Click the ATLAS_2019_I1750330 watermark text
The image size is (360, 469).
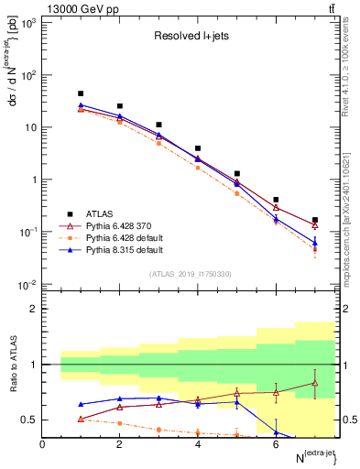pyautogui.click(x=191, y=274)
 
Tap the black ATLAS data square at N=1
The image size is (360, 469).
pyautogui.click(x=81, y=93)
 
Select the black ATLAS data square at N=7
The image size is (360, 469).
pyautogui.click(x=315, y=220)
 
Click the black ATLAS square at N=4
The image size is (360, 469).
pyautogui.click(x=198, y=147)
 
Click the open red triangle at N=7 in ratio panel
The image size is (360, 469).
pyautogui.click(x=315, y=383)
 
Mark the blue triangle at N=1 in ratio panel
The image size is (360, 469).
pyautogui.click(x=81, y=404)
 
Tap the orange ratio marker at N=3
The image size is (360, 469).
pyautogui.click(x=158, y=430)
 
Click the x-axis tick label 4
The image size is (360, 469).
pyautogui.click(x=198, y=444)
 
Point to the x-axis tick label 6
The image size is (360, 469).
pyautogui.click(x=276, y=444)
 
